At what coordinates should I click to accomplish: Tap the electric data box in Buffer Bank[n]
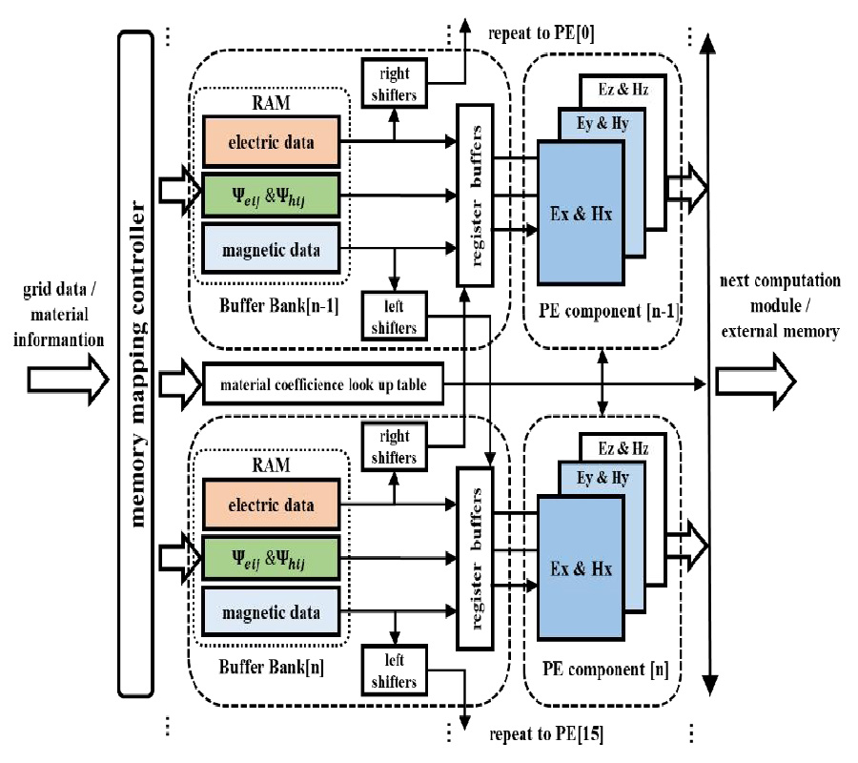271,505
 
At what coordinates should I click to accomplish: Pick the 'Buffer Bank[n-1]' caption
259,308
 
